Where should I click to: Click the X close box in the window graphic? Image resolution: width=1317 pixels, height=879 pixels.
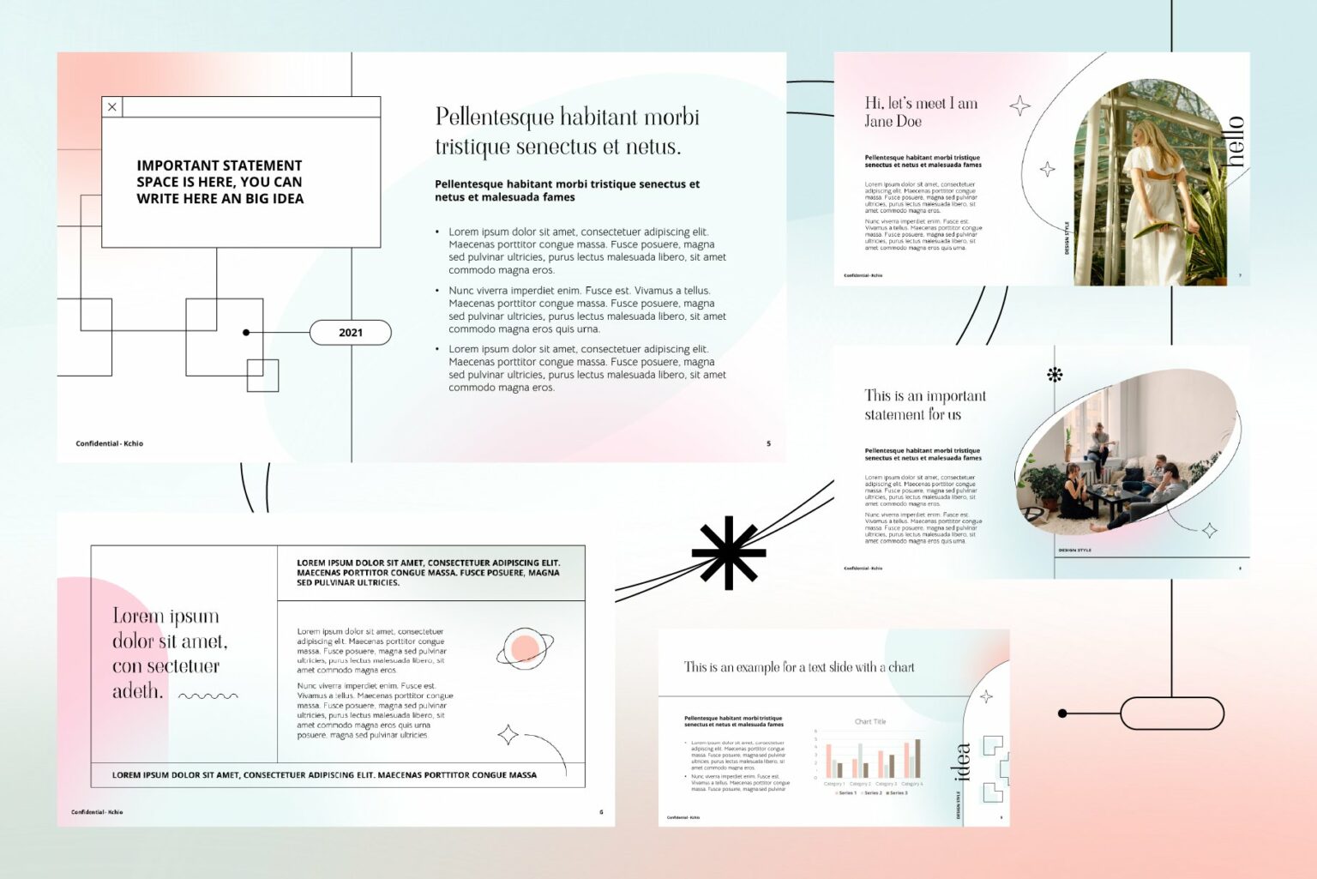[x=112, y=107]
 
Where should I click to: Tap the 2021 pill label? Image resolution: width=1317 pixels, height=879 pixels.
[x=350, y=333]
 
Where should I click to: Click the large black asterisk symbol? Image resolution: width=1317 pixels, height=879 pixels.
[x=728, y=553]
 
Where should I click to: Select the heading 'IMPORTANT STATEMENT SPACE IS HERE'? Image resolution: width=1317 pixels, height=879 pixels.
[x=219, y=182]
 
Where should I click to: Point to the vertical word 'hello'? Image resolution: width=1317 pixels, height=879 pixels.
[x=1234, y=141]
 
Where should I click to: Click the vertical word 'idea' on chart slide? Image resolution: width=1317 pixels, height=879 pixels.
[x=963, y=762]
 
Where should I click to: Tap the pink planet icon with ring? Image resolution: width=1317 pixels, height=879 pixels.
[x=524, y=648]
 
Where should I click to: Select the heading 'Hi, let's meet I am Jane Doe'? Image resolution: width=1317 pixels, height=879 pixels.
[x=920, y=112]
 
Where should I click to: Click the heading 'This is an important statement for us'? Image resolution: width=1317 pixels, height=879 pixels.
[x=924, y=405]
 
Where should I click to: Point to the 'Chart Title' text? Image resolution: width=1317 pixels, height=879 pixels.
[x=870, y=721]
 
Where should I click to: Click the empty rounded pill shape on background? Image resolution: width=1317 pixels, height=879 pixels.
[x=1171, y=713]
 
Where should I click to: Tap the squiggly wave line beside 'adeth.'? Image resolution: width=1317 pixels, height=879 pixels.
[x=207, y=696]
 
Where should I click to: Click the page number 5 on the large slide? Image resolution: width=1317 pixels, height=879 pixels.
[x=768, y=443]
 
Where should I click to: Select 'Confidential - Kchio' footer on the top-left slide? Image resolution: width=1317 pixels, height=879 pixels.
[x=109, y=443]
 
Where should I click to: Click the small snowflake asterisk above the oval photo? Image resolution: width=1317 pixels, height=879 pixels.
[x=1055, y=374]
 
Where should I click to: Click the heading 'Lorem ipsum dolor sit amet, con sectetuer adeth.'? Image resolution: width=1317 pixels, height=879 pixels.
[x=169, y=653]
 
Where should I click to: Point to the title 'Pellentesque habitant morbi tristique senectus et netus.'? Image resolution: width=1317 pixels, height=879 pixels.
[x=567, y=131]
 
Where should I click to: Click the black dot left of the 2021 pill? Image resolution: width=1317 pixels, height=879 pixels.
[x=246, y=333]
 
